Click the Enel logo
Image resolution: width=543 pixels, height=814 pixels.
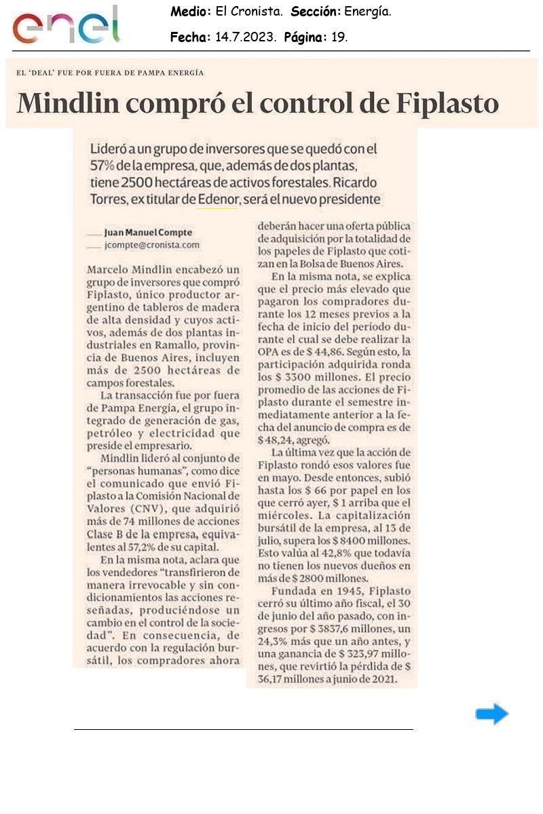click(66, 26)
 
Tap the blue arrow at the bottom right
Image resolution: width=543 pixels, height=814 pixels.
click(491, 714)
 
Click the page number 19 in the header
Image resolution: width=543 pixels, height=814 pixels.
click(339, 37)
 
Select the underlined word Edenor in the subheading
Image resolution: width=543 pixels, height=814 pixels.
click(217, 199)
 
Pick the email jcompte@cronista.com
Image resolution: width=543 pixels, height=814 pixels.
click(153, 244)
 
